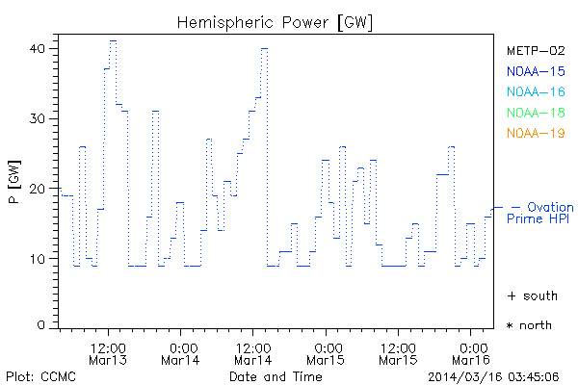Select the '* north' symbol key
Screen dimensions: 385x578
tap(529, 325)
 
